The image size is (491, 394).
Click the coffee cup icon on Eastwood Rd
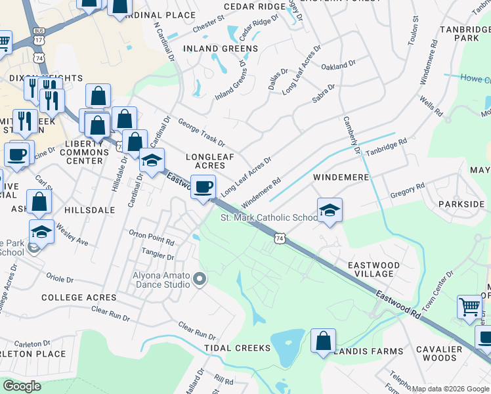pyautogui.click(x=203, y=186)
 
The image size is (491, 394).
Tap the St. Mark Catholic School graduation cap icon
pyautogui.click(x=330, y=210)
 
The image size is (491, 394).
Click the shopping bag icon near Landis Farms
pyautogui.click(x=323, y=341)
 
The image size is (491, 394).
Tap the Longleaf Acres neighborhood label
pyautogui.click(x=210, y=162)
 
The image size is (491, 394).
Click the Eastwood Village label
pyautogui.click(x=374, y=269)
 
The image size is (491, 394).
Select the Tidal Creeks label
pyautogui.click(x=237, y=347)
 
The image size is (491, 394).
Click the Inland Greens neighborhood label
pyautogui.click(x=221, y=49)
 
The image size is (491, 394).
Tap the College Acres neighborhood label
pyautogui.click(x=79, y=297)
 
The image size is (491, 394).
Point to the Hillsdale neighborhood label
pyautogui.click(x=90, y=210)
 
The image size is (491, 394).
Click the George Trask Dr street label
pyautogui.click(x=201, y=133)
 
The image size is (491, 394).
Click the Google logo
pyautogui.click(x=22, y=386)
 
